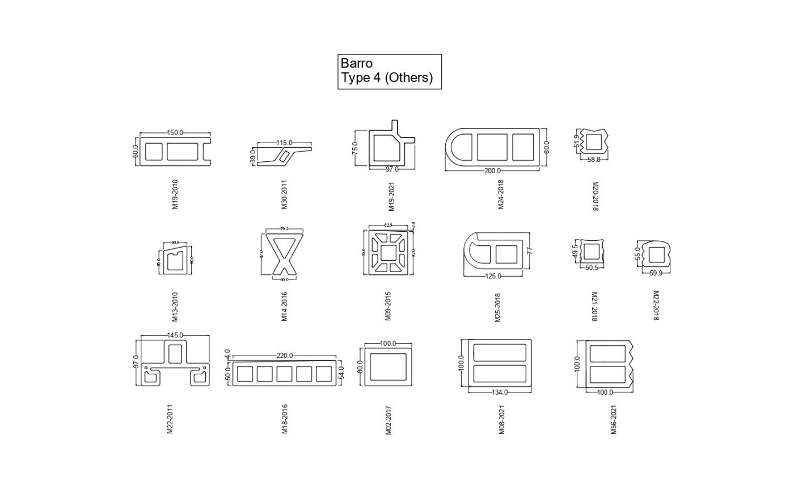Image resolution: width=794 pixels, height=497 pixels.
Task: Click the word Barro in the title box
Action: [x=357, y=63]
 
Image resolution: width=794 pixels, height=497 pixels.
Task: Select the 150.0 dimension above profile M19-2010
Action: [x=175, y=133]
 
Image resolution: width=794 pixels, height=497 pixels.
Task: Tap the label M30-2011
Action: [x=284, y=194]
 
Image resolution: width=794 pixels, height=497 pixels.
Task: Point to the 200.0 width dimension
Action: [x=492, y=171]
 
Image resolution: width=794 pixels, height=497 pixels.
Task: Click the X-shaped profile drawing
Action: [x=284, y=254]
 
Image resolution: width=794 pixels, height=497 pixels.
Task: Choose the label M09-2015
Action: [x=388, y=306]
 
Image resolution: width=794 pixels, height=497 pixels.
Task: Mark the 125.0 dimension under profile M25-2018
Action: [x=493, y=277]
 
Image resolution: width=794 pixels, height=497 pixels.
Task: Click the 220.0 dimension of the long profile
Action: [x=284, y=356]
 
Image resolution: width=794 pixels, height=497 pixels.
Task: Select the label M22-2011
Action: [x=170, y=419]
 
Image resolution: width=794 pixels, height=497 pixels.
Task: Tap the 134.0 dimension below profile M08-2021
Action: [x=500, y=392]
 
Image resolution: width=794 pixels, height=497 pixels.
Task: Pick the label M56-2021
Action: [x=613, y=419]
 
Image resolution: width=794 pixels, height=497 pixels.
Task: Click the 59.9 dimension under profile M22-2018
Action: [x=656, y=273]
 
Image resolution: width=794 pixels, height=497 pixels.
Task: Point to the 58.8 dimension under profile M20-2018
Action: [x=594, y=160]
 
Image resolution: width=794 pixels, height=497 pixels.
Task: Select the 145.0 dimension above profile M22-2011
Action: [x=175, y=336]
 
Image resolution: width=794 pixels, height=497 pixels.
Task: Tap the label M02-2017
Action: [x=388, y=420]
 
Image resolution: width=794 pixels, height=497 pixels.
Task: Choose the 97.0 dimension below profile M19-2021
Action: [x=392, y=169]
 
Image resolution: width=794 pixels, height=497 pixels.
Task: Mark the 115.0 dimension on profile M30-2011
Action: [x=284, y=143]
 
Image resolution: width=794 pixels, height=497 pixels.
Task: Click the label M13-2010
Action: [x=175, y=306]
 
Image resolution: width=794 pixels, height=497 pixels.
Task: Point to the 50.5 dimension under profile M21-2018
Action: [x=592, y=268]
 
